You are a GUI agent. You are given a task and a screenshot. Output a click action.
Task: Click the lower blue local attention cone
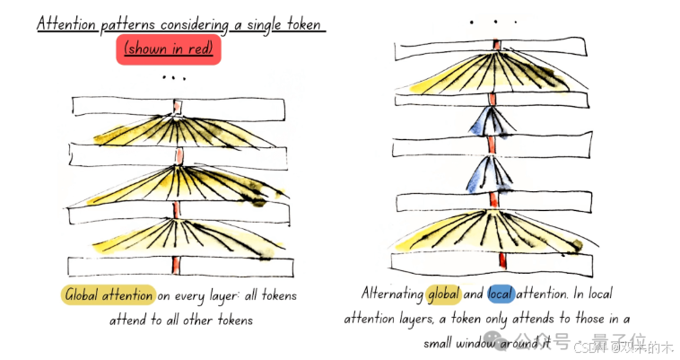click(491, 174)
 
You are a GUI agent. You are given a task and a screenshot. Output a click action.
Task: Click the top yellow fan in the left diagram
click(175, 130)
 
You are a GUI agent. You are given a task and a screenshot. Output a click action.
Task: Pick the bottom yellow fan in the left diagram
click(175, 236)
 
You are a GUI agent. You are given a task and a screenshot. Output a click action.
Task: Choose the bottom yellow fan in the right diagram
click(492, 229)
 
